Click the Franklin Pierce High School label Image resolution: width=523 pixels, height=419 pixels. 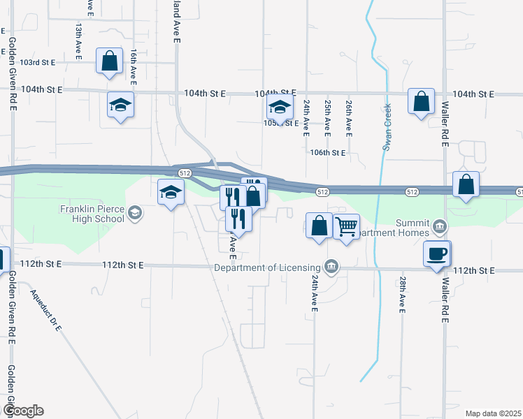pos(92,212)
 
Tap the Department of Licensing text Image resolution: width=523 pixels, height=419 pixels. pos(267,267)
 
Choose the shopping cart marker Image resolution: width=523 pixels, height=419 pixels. pos(347,226)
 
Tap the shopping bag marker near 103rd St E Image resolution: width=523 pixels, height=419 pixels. pos(110,61)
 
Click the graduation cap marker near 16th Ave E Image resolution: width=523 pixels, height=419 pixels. pos(120,105)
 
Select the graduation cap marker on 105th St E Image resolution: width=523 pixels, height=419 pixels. pos(280,108)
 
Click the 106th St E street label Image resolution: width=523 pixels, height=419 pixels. pos(328,152)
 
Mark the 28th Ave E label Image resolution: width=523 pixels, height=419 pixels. pos(403,295)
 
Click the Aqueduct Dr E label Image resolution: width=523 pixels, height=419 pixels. pos(46,309)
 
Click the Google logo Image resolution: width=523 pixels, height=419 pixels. pos(23,410)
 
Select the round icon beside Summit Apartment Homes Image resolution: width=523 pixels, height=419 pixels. pos(439,226)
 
